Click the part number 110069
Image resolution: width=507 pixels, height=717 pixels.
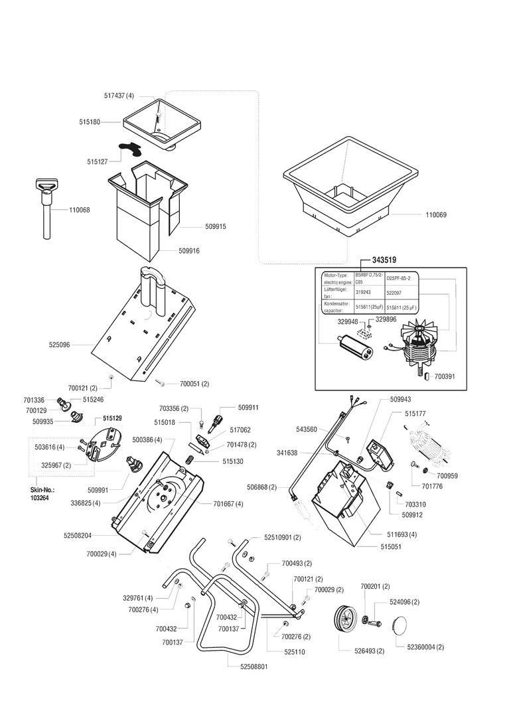point(437,215)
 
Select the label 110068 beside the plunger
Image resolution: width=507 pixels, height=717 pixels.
point(80,210)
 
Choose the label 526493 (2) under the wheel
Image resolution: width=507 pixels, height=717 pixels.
point(367,651)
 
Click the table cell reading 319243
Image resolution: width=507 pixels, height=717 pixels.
point(364,291)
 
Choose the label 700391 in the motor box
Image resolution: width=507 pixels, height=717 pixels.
point(446,376)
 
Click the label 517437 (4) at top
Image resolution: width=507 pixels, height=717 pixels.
point(119,96)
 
